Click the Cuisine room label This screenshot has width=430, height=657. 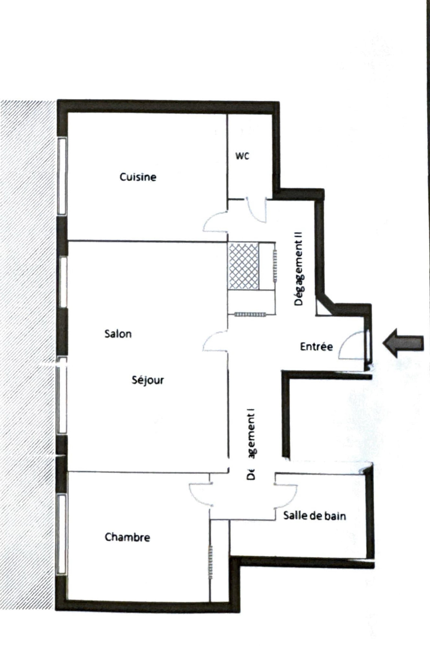(138, 177)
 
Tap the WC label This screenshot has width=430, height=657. (242, 156)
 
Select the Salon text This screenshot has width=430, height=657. (118, 334)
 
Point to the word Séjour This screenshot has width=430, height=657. (148, 380)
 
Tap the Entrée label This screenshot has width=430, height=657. (316, 347)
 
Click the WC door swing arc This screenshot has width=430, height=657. (256, 211)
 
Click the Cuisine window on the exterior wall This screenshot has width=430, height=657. (62, 176)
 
